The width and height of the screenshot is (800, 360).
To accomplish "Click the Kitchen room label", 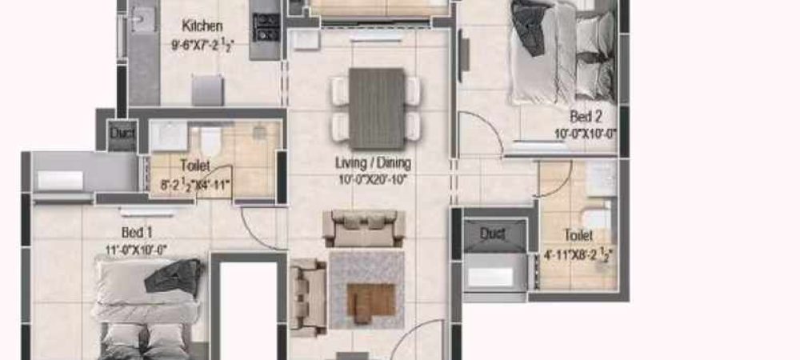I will coord(202,26).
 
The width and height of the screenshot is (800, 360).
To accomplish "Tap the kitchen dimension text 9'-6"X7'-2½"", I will coord(201,45).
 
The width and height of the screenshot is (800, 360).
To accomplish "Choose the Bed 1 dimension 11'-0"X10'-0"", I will coord(137,248).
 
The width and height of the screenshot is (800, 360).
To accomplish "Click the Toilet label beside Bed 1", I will coord(194,166).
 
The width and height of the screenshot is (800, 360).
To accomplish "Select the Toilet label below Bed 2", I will coord(578,235).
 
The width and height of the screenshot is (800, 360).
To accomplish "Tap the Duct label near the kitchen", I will coord(122,133).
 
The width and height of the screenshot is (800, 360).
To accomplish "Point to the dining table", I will coord(378,108).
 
